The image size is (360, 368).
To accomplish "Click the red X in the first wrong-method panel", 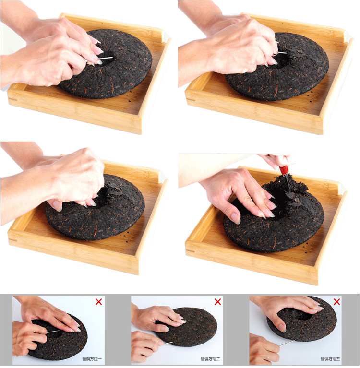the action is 98,302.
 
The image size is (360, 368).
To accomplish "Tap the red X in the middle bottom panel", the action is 218,302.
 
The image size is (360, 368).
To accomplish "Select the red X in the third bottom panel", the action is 337,302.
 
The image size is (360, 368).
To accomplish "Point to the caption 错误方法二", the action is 210,359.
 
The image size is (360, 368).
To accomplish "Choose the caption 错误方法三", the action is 330,359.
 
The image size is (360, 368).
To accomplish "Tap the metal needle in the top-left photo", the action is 105,59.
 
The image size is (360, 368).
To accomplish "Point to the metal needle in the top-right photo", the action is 281,53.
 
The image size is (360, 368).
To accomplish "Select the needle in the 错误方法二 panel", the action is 168,344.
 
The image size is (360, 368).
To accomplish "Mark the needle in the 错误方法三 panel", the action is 286,343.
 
